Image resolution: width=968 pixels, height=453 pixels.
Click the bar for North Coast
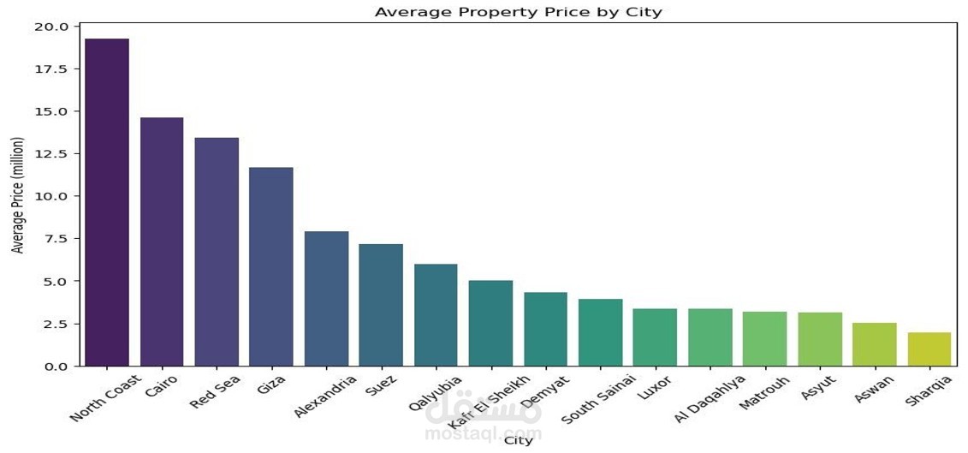pyautogui.click(x=107, y=202)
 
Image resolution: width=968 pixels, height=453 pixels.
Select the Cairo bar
pyautogui.click(x=162, y=241)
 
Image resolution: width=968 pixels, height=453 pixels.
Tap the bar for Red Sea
pyautogui.click(x=217, y=252)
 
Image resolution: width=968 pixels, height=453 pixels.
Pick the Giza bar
pyautogui.click(x=271, y=266)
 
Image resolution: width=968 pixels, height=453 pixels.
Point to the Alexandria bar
pyautogui.click(x=326, y=299)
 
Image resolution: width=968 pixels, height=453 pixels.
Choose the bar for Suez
pyautogui.click(x=381, y=305)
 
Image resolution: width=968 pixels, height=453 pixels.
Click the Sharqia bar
pyautogui.click(x=929, y=349)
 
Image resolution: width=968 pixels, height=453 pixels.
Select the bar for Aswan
pyautogui.click(x=874, y=344)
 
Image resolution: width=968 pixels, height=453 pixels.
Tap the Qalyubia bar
pyautogui.click(x=436, y=315)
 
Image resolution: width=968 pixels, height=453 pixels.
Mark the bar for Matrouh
pyautogui.click(x=764, y=339)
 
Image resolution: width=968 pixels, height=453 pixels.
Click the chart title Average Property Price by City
pyautogui.click(x=519, y=12)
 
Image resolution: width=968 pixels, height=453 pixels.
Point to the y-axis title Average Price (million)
pyautogui.click(x=18, y=195)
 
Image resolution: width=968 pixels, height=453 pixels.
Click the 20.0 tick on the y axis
pyautogui.click(x=51, y=27)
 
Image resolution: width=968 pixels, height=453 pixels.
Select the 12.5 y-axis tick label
pyautogui.click(x=51, y=153)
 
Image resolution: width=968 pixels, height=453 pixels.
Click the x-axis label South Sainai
pyautogui.click(x=598, y=399)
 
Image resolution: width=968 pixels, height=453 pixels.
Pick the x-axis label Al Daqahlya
pyautogui.click(x=710, y=399)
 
